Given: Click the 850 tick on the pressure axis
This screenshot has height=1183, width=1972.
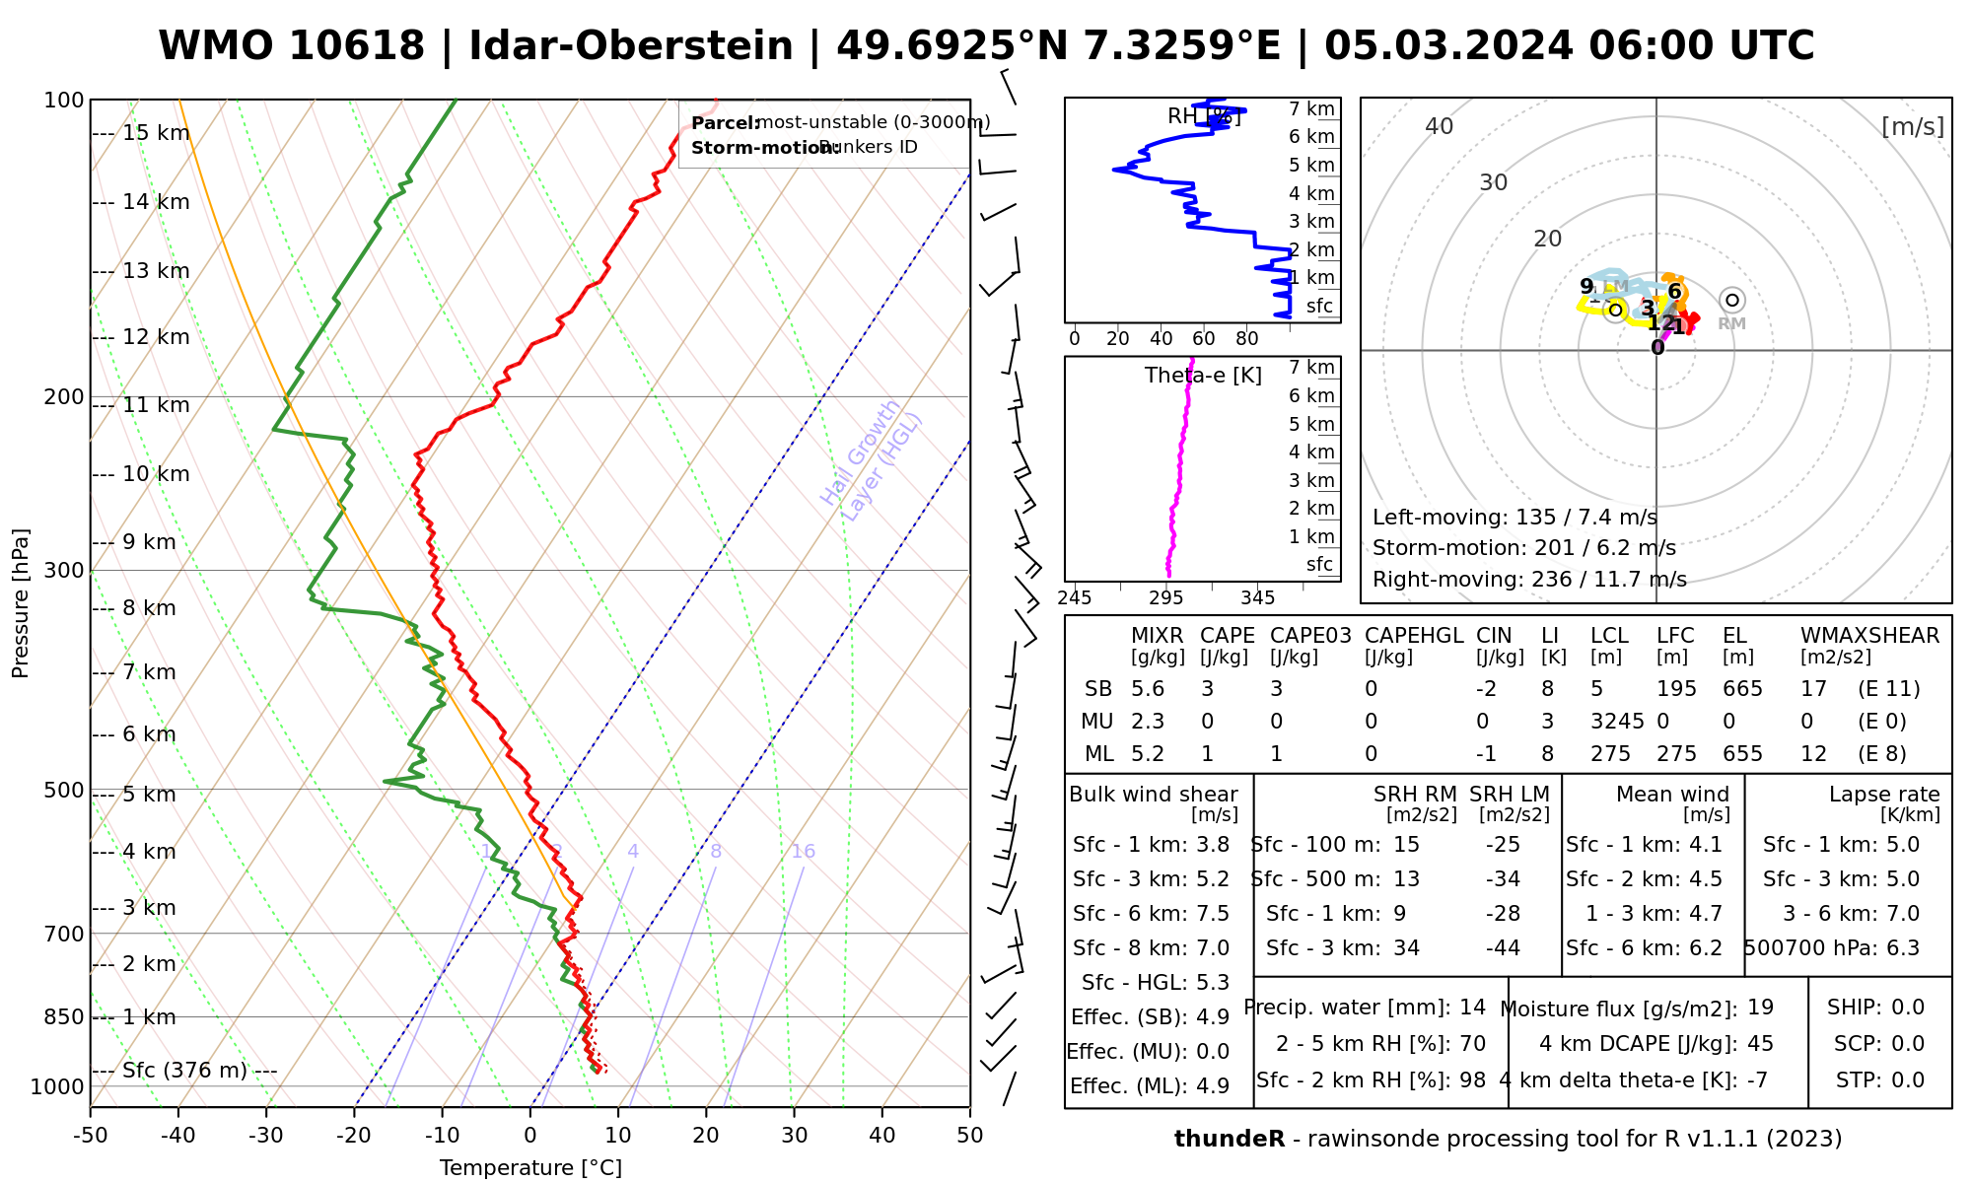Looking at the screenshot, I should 63,1016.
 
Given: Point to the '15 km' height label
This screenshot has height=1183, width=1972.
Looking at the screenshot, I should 156,133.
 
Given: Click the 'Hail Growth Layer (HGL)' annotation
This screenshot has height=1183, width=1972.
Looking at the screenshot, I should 872,459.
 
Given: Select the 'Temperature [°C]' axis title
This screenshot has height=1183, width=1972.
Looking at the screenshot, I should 530,1168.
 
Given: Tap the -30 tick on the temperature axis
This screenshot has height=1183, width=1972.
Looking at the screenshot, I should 265,1136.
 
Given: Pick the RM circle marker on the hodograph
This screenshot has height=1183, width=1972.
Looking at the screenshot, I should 1731,300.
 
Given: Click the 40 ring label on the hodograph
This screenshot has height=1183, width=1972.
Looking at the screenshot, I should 1440,126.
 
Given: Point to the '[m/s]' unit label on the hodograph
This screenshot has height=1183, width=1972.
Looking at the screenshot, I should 1913,126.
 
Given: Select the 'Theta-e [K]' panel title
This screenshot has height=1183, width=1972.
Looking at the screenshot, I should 1203,376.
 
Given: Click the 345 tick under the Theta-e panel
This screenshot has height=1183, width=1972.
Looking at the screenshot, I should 1257,598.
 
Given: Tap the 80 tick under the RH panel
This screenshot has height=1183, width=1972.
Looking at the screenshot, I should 1247,339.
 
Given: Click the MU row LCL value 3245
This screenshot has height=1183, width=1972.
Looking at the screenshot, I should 1617,722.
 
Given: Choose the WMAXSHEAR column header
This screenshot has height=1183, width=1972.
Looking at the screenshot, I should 1869,636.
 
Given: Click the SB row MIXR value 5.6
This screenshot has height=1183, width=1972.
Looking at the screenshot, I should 1148,689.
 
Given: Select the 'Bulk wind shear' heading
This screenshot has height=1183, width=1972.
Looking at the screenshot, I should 1153,795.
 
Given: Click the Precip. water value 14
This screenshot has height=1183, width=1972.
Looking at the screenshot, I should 1472,1008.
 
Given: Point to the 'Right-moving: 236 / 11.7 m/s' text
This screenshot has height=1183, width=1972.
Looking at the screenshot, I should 1529,580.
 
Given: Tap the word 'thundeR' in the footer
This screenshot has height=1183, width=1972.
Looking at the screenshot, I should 1229,1140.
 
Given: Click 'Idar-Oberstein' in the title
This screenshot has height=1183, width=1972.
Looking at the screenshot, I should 631,46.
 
